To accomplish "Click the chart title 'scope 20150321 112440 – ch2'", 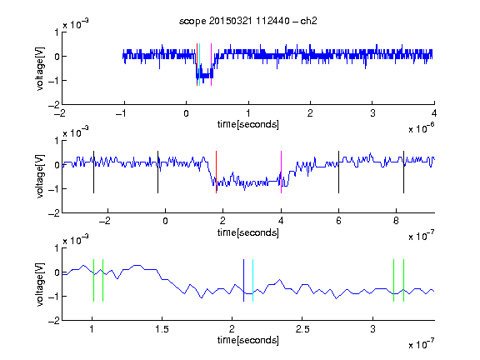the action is [248, 21].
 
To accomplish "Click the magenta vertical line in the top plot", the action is [211, 65].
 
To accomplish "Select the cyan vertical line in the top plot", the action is [200, 65].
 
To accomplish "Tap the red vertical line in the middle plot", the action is [216, 172].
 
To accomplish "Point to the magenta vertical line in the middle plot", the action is [281, 172].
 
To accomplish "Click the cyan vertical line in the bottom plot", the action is [252, 280].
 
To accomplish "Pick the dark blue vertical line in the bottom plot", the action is [243, 280].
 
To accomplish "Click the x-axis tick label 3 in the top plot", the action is [372, 113].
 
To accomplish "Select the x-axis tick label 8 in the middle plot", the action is [396, 221].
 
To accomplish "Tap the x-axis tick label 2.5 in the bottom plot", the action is [302, 329].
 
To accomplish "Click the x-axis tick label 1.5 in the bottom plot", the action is [162, 329].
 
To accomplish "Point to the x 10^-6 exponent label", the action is [422, 128].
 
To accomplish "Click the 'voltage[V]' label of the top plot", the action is [40, 69].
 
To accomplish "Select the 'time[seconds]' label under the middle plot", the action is [248, 232].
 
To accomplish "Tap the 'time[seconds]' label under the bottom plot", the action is [248, 340].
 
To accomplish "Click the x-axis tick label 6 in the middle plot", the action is [338, 221].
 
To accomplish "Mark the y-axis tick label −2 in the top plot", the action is [54, 105].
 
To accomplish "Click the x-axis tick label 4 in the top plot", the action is [434, 113].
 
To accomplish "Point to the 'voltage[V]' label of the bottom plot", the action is [40, 284].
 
